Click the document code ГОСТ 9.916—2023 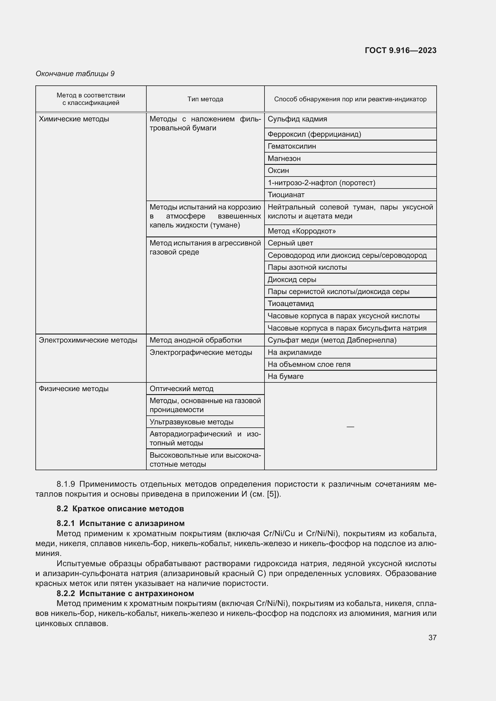pyautogui.click(x=400, y=50)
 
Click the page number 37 pyautogui.click(x=432, y=637)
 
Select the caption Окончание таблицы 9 pyautogui.click(x=75, y=74)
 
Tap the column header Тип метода pyautogui.click(x=205, y=99)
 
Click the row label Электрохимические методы pyautogui.click(x=88, y=340)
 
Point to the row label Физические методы pyautogui.click(x=73, y=389)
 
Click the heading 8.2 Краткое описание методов pyautogui.click(x=120, y=509)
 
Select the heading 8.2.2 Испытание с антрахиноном pyautogui.click(x=125, y=593)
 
